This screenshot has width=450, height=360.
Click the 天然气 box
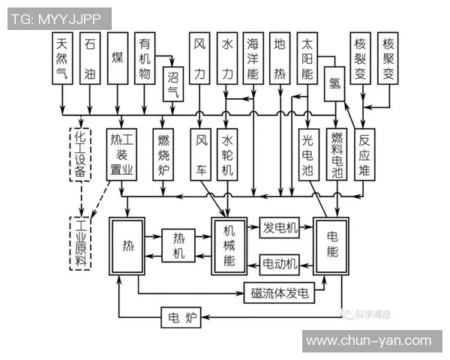[x=62, y=56]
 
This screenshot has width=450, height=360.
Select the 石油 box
[x=90, y=56]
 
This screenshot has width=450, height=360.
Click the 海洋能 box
[x=253, y=56]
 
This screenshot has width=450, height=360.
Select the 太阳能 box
[x=307, y=56]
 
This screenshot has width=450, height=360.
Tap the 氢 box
[x=333, y=84]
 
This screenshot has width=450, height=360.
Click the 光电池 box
[x=307, y=154]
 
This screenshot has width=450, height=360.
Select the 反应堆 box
[x=365, y=154]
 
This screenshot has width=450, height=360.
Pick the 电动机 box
[x=280, y=263]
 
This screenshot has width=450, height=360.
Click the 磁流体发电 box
[x=280, y=293]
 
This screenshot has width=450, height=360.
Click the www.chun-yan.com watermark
[x=369, y=340]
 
